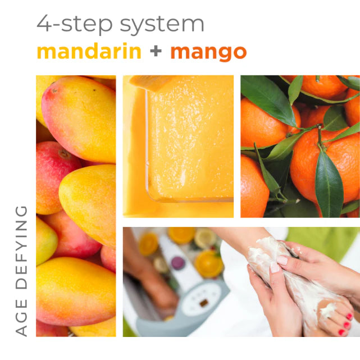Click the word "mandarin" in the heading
coord(89,52)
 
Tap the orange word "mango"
coord(208,52)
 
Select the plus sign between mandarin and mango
coord(156,52)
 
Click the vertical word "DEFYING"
coord(21,245)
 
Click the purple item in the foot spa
coord(177,263)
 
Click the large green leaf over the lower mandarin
coord(329,186)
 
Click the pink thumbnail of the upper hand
coord(282,260)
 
